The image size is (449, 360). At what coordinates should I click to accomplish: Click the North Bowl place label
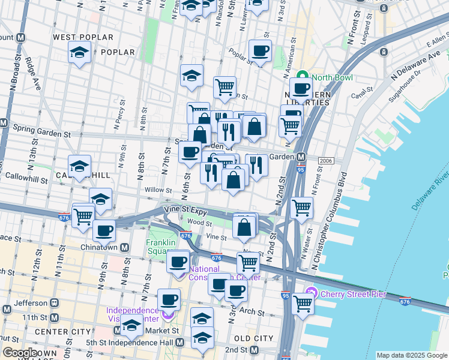(332, 77)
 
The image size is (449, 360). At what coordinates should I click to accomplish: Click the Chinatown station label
(101, 247)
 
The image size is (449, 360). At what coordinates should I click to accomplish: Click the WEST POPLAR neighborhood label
(83, 37)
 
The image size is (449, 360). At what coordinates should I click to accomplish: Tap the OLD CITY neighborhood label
(255, 338)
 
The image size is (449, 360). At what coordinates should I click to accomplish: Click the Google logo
(19, 353)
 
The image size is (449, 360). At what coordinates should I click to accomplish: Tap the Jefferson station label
(30, 303)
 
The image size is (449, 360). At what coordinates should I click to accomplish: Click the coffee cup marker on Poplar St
(260, 51)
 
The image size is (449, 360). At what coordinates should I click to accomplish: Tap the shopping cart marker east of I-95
(301, 208)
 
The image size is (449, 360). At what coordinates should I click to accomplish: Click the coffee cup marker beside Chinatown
(104, 230)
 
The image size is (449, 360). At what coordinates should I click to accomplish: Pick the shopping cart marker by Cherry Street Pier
(303, 304)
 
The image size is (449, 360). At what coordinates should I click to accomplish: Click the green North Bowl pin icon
(302, 77)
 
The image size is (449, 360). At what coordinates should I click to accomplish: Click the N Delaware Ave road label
(415, 64)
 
